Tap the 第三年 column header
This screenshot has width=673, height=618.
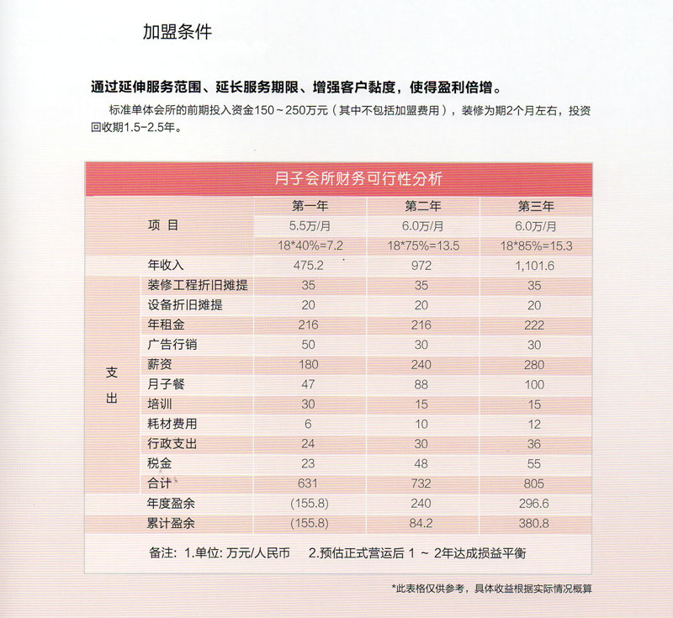[x=535, y=206]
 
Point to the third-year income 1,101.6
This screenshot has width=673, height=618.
[x=535, y=265]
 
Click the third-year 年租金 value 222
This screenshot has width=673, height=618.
[x=535, y=325]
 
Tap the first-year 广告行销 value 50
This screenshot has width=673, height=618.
[x=307, y=345]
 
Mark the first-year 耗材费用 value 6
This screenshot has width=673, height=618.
[x=309, y=424]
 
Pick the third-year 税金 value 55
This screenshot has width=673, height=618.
[x=535, y=463]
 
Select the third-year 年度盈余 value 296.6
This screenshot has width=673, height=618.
[x=535, y=504]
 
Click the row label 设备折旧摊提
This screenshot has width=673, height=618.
[x=184, y=304]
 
